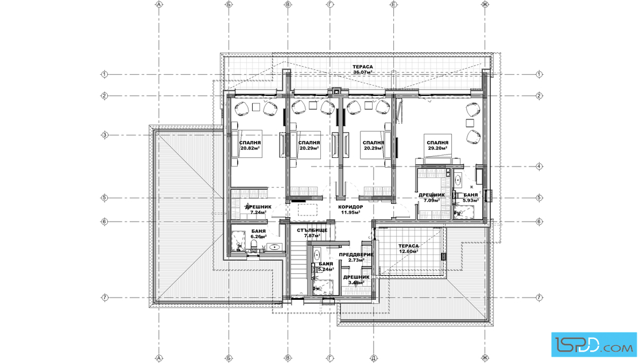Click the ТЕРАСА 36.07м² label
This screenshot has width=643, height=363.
coord(363,69)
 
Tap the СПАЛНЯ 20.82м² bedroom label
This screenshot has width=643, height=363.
coord(250,146)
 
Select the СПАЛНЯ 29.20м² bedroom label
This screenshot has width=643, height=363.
coord(437,146)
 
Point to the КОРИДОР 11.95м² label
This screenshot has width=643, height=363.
coord(351,210)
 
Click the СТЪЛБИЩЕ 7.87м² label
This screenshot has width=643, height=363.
coord(312,233)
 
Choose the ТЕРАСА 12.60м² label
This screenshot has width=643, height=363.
coord(408,249)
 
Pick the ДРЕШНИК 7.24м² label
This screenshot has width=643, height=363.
coord(258,210)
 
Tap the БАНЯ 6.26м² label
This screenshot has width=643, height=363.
coord(258,234)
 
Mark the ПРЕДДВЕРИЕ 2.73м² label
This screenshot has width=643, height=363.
coord(356,257)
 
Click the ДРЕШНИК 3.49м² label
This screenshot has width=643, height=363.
coord(356,280)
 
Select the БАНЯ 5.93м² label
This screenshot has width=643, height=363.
coord(471,198)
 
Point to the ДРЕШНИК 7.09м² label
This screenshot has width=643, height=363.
coord(431,198)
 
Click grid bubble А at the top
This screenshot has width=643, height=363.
coord(159,5)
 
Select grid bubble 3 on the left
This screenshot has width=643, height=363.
coord(104,135)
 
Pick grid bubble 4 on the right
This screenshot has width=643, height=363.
coord(539,167)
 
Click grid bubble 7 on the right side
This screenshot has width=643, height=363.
coord(539,298)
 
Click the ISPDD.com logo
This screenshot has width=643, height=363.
coord(594,345)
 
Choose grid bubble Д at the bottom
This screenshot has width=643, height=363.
coord(374,358)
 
